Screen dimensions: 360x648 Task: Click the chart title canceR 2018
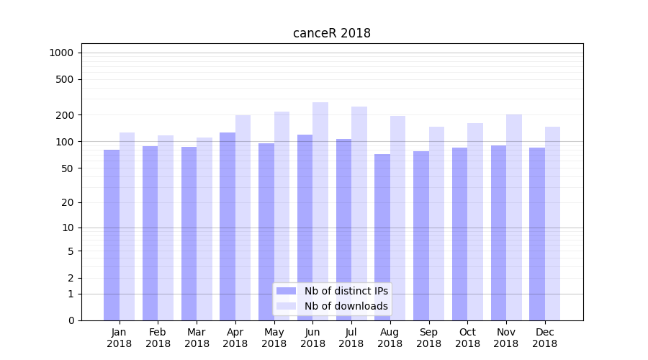[331, 33]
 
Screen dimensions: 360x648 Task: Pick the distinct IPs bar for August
[382, 237]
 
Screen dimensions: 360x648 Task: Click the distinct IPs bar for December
[537, 234]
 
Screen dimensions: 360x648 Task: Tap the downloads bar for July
[359, 213]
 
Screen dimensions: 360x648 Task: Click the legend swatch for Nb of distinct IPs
[287, 291]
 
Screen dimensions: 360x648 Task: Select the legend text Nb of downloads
[346, 306]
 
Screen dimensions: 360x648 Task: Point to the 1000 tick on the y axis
[62, 53]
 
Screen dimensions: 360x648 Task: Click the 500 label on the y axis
[65, 79]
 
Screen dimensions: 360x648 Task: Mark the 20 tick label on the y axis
[68, 202]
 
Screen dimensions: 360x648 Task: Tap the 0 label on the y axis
[71, 320]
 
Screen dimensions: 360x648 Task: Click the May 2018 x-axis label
[274, 338]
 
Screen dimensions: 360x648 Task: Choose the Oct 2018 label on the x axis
[467, 338]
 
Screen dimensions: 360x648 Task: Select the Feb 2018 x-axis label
[158, 338]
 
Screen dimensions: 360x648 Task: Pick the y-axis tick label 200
[65, 115]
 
